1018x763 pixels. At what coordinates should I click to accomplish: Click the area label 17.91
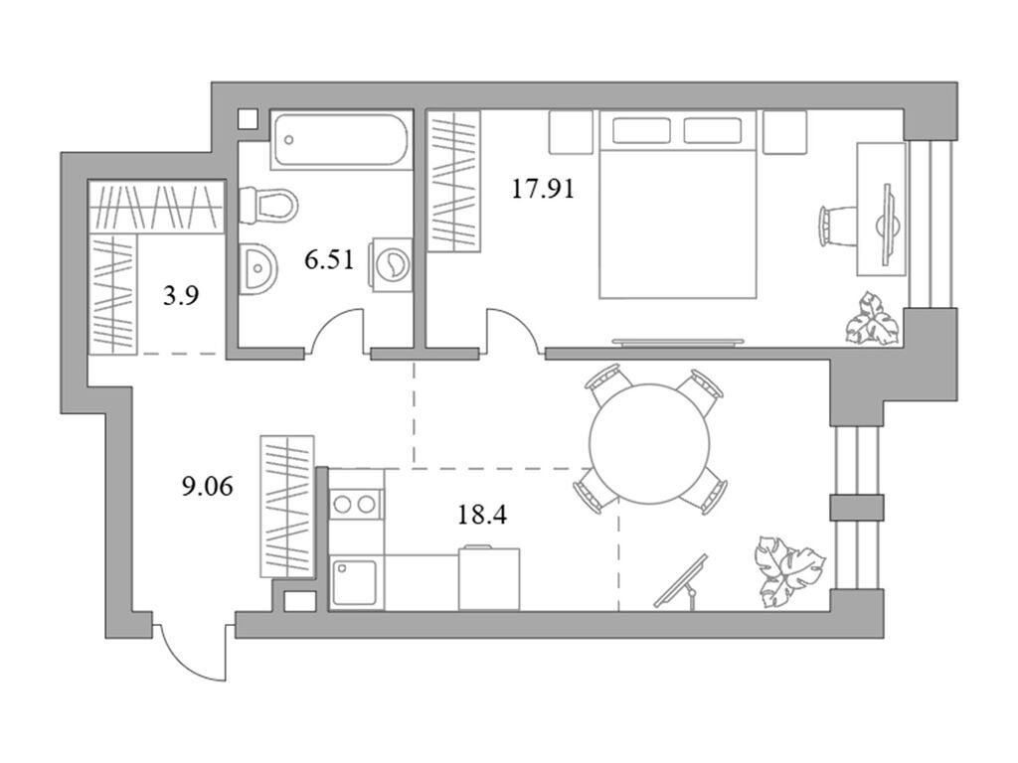coord(543,189)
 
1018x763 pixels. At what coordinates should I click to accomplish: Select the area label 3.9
coord(179,295)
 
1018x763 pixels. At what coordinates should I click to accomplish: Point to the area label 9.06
coord(209,487)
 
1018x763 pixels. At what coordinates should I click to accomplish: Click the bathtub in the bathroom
coord(340,140)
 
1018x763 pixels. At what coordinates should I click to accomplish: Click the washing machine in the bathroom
coord(391,265)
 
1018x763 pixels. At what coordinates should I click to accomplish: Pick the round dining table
coord(650,437)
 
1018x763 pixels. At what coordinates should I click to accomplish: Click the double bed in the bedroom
coord(677,204)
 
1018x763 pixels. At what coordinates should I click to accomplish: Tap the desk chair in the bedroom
coord(836,224)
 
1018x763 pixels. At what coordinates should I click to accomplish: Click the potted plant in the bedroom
coord(871,317)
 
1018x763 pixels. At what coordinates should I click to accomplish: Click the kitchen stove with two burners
coord(356,504)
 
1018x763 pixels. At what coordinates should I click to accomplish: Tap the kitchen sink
coord(355,581)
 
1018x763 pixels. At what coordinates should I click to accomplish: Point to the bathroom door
coord(338,330)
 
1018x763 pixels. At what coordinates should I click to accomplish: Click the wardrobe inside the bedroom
coord(453,181)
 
